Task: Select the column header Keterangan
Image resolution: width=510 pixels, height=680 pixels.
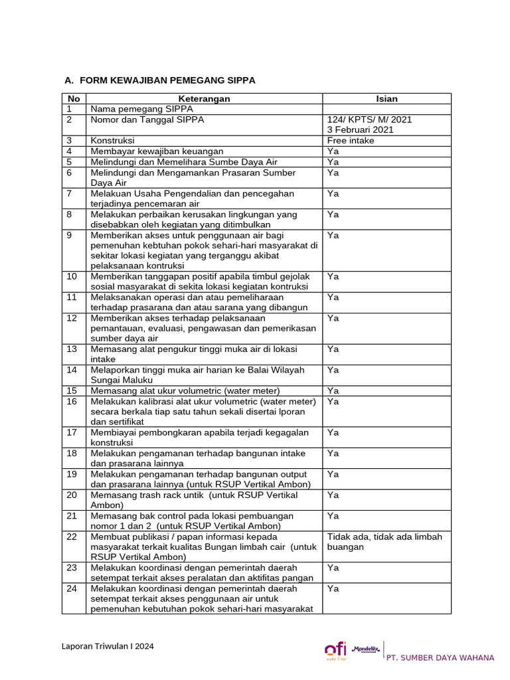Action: click(x=204, y=99)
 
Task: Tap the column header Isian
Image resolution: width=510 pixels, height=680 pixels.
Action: click(x=386, y=99)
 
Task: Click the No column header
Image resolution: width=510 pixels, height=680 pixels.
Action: click(x=74, y=99)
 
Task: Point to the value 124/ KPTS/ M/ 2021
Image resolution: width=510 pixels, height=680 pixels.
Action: click(x=369, y=120)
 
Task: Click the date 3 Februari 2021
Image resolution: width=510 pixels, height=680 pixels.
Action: click(x=360, y=129)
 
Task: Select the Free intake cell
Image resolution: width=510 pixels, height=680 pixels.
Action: click(x=351, y=141)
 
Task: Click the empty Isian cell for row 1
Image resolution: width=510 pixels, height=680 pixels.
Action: click(x=386, y=109)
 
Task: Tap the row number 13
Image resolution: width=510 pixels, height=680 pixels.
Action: click(x=72, y=349)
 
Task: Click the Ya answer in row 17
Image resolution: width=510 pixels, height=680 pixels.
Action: click(x=333, y=433)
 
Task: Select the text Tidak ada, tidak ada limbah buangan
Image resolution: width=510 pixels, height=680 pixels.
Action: click(x=384, y=541)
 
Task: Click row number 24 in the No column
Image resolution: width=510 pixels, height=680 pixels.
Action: click(x=72, y=589)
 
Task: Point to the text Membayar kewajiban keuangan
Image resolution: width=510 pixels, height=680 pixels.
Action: click(x=157, y=151)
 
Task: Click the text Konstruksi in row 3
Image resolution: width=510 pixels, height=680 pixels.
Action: click(x=113, y=141)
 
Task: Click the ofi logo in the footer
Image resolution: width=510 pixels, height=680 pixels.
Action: click(x=335, y=651)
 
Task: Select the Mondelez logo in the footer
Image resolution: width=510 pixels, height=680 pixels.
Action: click(x=365, y=649)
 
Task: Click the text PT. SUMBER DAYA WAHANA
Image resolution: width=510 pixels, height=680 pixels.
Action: click(x=440, y=657)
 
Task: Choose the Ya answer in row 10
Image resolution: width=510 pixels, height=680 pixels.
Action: click(x=333, y=276)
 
